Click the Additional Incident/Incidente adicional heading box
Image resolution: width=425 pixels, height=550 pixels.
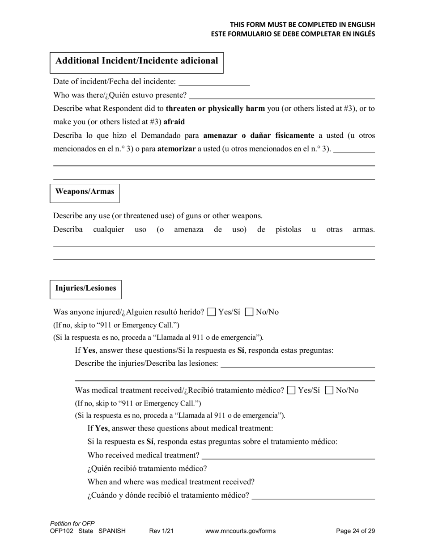coord(136,61)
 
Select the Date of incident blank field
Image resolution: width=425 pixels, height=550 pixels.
coord(214,82)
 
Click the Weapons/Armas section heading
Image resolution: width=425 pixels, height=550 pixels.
coord(85,192)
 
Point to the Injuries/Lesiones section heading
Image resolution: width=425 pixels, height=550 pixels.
coord(85,288)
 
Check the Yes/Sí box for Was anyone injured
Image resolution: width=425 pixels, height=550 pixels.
coord(212,312)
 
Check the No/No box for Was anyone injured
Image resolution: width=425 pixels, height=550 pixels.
coord(250,312)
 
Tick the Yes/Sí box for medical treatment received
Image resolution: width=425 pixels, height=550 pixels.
coord(291,390)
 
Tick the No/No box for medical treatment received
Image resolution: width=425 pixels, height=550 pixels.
coord(329,390)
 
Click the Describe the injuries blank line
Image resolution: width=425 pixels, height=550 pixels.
coord(297,364)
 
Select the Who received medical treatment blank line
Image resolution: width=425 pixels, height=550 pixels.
coord(288,456)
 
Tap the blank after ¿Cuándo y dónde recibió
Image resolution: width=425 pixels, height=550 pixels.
coord(313,496)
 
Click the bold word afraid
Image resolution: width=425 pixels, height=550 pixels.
coord(174,122)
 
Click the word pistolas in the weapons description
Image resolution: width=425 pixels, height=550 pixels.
coord(288,229)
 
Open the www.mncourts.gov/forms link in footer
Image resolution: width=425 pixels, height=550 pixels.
coord(240,531)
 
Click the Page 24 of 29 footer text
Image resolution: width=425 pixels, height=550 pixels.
coord(355,531)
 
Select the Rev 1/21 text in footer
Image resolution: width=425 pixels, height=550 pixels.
coord(161,531)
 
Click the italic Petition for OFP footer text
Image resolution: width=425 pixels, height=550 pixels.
coord(72,523)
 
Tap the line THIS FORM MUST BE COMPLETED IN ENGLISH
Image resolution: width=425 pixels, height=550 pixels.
coord(302,25)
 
